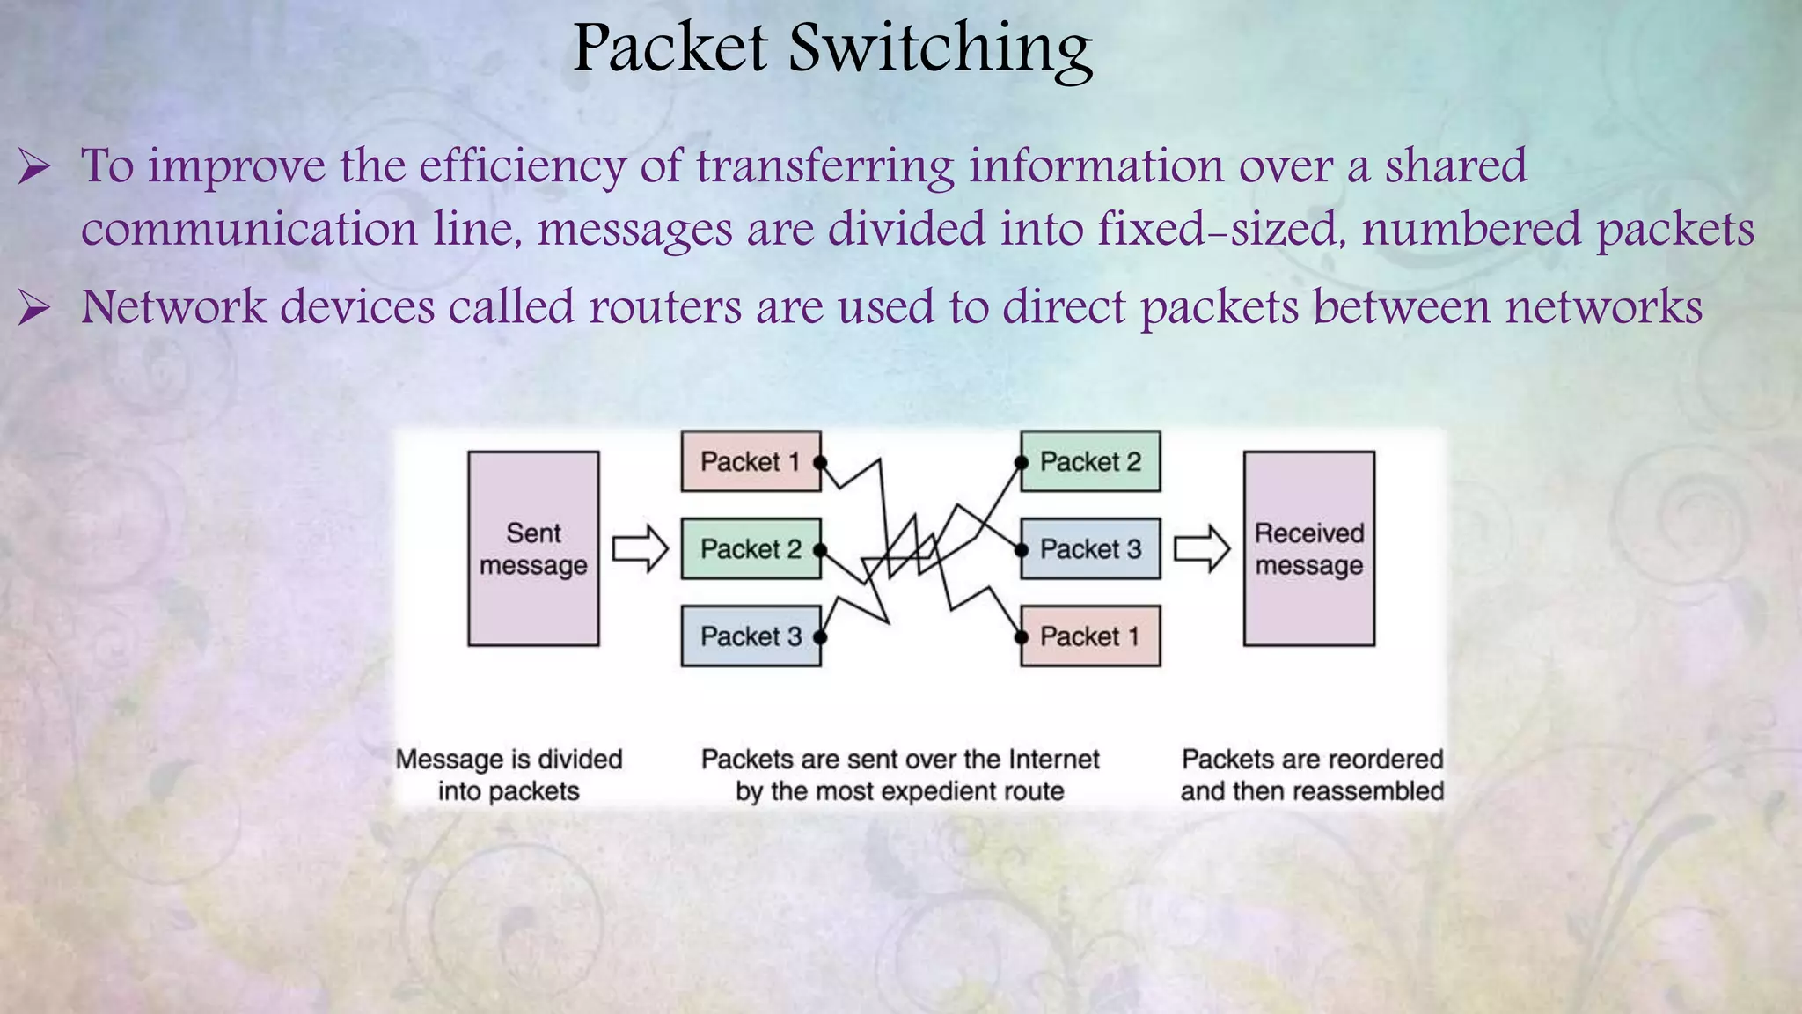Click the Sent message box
[533, 548]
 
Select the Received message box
[1308, 548]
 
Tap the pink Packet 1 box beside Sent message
[750, 461]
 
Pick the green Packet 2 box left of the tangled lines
[750, 548]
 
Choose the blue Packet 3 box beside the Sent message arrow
[750, 636]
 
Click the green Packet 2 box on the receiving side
[1090, 461]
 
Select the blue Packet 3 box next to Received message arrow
[1090, 548]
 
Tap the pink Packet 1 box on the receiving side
[1090, 636]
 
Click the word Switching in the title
[940, 48]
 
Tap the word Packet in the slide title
[670, 48]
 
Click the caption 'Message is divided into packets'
[509, 775]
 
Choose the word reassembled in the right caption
[1366, 791]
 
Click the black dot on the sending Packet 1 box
[820, 462]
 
